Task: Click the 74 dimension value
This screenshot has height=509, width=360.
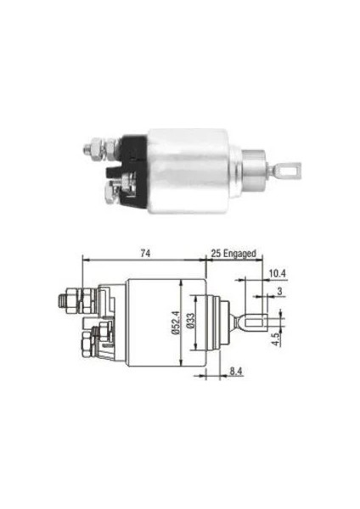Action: click(145, 253)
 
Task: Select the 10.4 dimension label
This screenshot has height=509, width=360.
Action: click(277, 273)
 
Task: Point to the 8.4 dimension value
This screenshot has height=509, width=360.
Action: click(236, 371)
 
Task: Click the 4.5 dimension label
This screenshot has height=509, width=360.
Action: click(277, 338)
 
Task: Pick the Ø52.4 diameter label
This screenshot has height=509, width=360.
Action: click(174, 322)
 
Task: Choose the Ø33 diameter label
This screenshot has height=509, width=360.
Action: click(190, 321)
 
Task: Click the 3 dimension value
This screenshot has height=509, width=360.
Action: click(279, 291)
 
